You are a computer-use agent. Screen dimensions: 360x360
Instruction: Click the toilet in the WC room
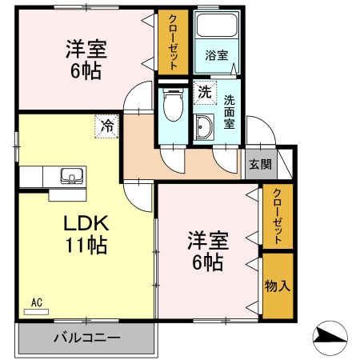click(x=170, y=105)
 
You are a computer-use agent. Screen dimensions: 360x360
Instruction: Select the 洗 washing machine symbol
click(x=204, y=92)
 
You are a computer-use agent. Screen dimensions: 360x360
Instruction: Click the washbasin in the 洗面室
click(x=202, y=126)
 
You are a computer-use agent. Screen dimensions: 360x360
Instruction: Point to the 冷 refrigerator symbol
click(x=106, y=125)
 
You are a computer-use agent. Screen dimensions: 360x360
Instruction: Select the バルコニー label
click(x=86, y=337)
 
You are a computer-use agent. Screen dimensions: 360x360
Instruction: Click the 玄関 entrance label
click(x=259, y=165)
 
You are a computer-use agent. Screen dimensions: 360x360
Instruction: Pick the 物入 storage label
click(x=278, y=286)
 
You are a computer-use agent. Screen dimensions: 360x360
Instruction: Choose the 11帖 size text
click(x=86, y=246)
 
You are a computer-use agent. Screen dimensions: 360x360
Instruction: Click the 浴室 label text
click(x=216, y=56)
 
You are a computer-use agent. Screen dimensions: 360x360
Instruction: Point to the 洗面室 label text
click(x=229, y=113)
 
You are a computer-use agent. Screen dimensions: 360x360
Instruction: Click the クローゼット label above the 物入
click(x=278, y=216)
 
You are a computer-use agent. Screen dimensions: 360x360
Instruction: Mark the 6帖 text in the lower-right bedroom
click(x=209, y=262)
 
